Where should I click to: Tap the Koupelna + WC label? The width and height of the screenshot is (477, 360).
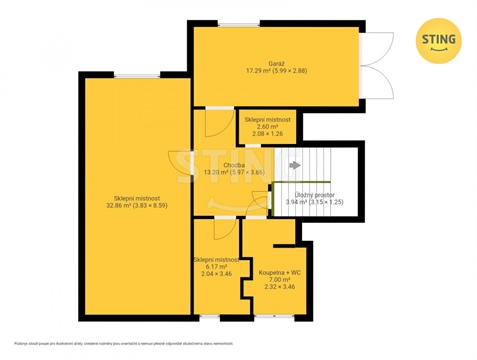tap(277, 272)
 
